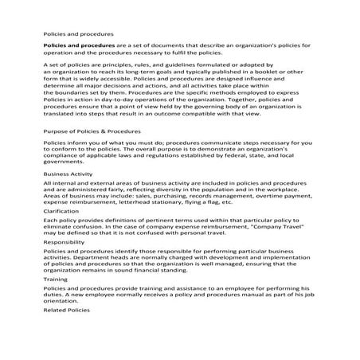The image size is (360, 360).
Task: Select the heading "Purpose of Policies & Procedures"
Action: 92,130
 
